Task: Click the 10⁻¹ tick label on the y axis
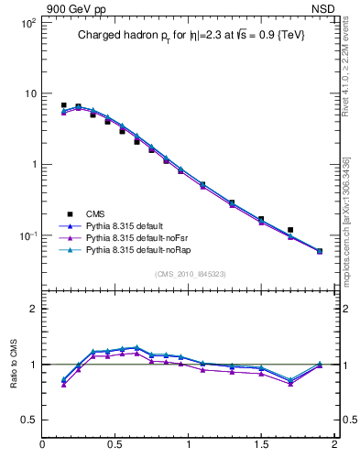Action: (27, 235)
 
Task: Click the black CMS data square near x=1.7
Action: (290, 230)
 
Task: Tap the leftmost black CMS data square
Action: (63, 105)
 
